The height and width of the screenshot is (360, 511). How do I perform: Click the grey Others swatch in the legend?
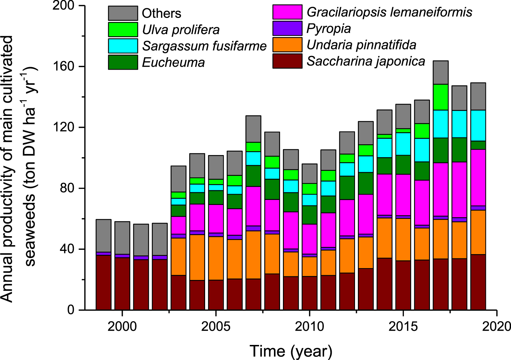tap(123, 13)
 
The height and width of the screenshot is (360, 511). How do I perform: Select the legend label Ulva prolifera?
tap(181, 30)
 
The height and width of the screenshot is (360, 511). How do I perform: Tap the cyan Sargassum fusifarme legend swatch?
tap(123, 46)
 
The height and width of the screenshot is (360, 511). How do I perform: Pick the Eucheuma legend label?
tap(173, 62)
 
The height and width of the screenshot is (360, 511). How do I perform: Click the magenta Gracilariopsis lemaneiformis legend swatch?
tap(287, 12)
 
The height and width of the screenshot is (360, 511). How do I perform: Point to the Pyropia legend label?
tap(328, 29)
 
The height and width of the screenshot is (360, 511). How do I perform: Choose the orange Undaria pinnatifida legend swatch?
tap(287, 45)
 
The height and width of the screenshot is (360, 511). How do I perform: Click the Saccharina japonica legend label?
tap(366, 61)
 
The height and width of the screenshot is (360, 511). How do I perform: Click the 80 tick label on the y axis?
tap(68, 188)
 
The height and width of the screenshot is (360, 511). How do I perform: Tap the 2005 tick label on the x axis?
tap(216, 327)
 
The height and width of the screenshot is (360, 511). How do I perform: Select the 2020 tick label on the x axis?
tap(497, 327)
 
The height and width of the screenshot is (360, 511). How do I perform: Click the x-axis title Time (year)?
tap(291, 351)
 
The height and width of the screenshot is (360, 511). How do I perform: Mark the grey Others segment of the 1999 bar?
tap(103, 235)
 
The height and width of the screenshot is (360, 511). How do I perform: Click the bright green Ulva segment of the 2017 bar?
tap(440, 97)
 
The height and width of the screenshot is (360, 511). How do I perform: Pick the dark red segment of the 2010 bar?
tap(309, 293)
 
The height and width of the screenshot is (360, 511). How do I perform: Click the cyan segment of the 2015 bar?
tap(403, 144)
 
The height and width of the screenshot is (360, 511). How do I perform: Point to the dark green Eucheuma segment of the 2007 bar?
tap(253, 176)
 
